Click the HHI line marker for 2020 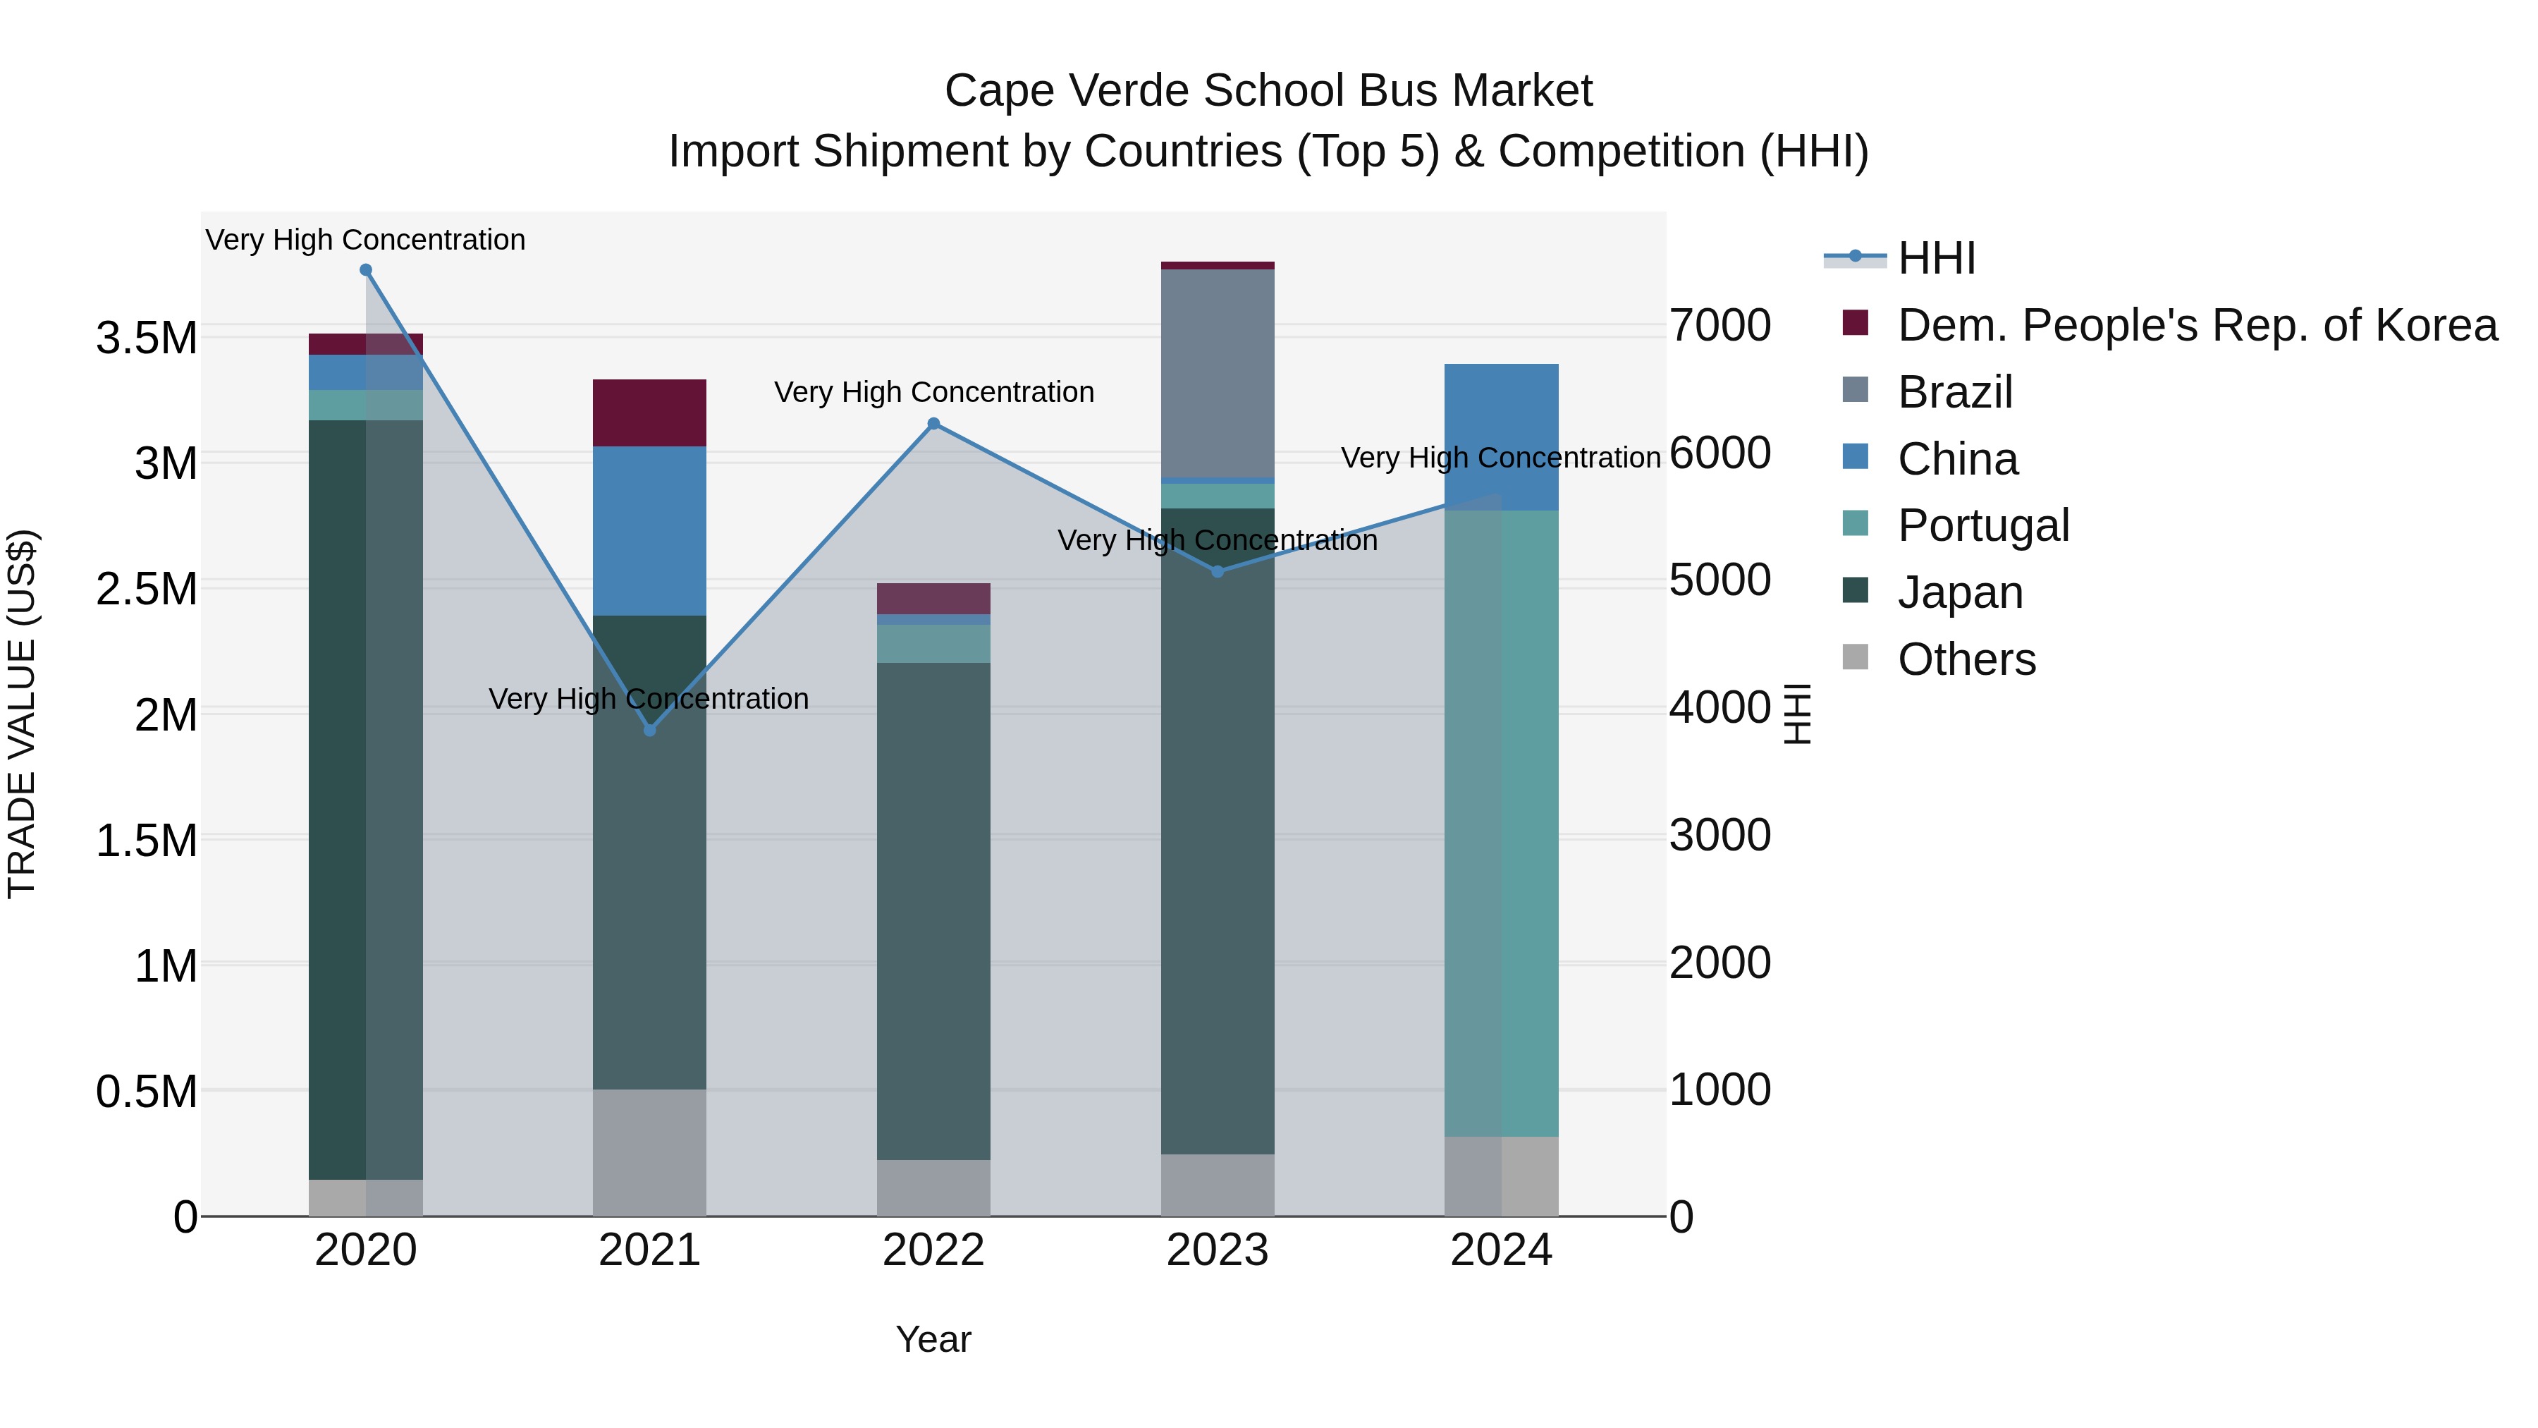point(365,270)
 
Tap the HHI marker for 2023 point(1218,572)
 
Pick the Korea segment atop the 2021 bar point(649,413)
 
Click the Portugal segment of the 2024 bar point(1502,823)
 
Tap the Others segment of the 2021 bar point(649,1152)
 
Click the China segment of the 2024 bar point(1502,437)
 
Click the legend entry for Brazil point(1955,392)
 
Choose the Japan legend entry point(1960,592)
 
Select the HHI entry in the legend point(1936,258)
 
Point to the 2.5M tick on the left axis point(147,590)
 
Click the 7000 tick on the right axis point(1720,327)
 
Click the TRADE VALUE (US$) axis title point(22,714)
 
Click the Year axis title point(933,1339)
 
